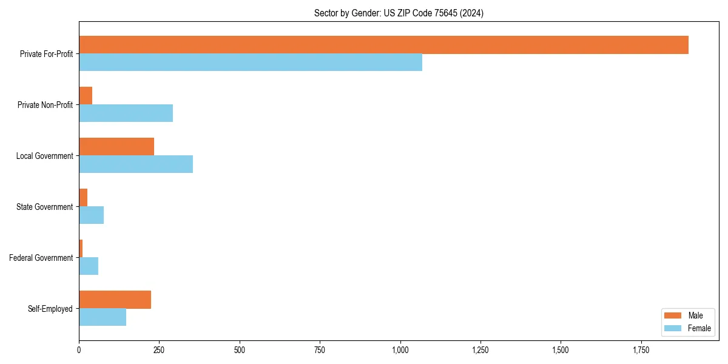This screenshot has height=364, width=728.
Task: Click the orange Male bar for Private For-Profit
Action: click(383, 45)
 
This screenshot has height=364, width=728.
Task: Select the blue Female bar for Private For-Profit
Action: click(251, 62)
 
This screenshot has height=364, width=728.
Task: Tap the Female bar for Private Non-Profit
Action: click(126, 113)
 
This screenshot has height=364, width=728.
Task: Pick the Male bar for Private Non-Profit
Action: click(86, 96)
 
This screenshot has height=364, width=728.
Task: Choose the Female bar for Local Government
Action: click(136, 164)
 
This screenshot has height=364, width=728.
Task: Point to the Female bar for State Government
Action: click(91, 215)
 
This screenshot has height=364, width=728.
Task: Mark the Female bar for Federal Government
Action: click(89, 266)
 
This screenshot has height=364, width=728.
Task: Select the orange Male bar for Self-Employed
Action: click(115, 300)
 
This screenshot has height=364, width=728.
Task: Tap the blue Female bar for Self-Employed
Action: click(103, 317)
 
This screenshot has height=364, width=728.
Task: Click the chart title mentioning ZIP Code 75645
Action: click(399, 13)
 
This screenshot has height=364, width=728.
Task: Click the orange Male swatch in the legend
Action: click(673, 315)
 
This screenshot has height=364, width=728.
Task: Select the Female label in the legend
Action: click(699, 328)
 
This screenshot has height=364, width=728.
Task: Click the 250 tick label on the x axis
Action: click(159, 351)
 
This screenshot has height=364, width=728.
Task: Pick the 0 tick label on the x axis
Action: click(79, 351)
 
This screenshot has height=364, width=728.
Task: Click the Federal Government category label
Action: click(41, 258)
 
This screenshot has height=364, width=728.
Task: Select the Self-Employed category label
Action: click(50, 309)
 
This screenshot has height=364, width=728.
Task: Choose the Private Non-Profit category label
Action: click(45, 105)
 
